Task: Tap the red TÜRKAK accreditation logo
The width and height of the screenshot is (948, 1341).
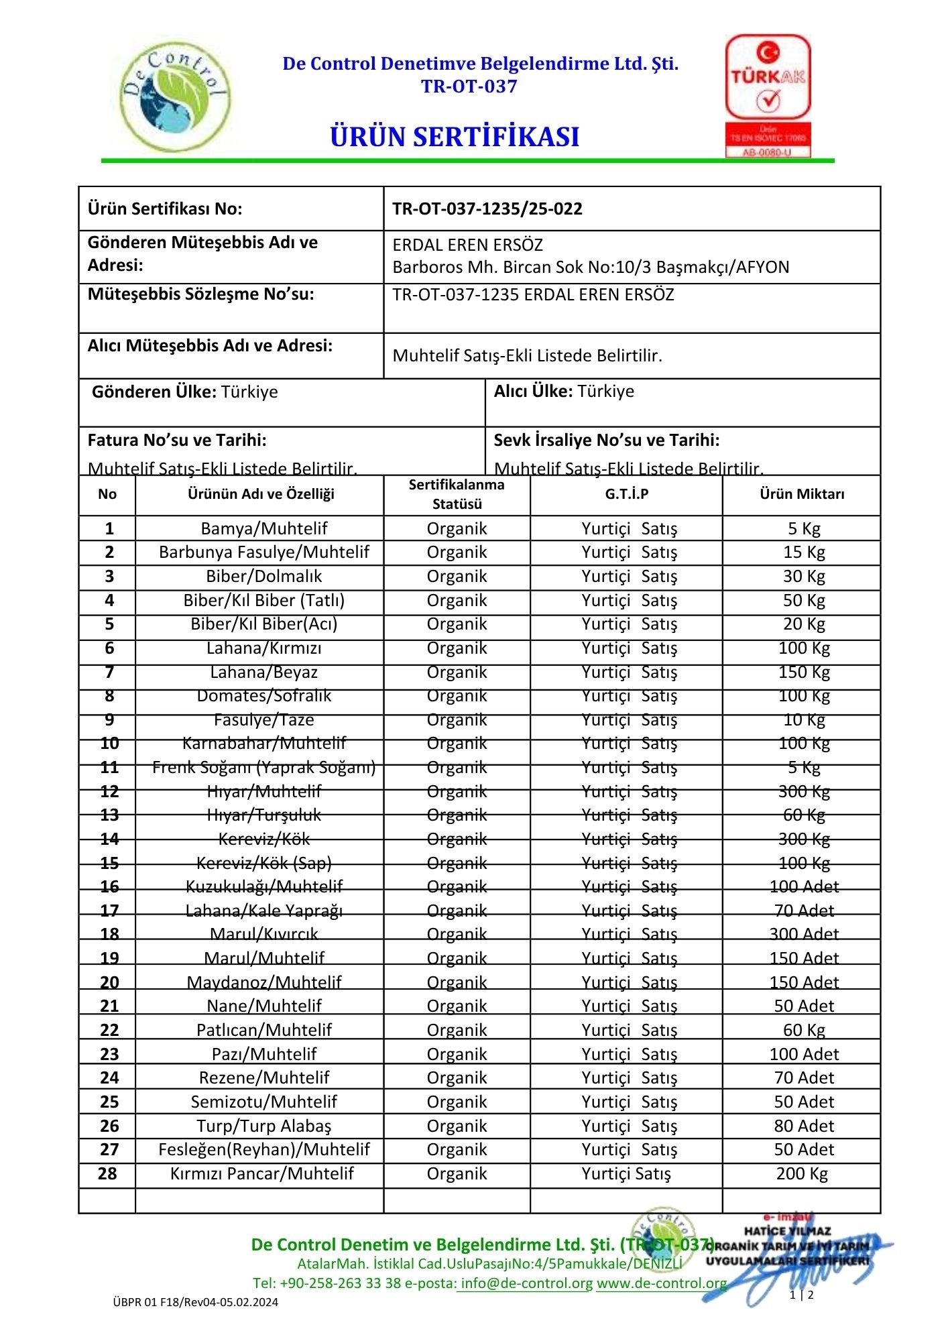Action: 768,95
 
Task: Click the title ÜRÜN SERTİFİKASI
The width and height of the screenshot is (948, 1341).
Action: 455,137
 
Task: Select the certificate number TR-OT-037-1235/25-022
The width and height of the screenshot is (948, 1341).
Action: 487,209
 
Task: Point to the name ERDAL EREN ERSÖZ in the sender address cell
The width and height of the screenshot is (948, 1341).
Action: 467,245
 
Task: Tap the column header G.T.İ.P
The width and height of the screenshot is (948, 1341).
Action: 626,494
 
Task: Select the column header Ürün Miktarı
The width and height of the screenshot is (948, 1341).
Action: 802,494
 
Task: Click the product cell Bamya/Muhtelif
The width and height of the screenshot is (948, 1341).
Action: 263,528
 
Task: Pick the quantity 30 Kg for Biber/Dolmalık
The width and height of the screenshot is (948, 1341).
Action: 804,576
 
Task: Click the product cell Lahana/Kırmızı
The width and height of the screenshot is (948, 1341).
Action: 263,648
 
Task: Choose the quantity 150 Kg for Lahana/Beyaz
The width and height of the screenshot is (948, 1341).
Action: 804,672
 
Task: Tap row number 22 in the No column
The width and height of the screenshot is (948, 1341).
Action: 109,1030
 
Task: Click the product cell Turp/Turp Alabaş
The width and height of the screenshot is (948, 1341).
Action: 263,1126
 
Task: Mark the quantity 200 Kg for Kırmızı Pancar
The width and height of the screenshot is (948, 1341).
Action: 802,1173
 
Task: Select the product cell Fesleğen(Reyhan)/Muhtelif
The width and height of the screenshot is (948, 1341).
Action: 263,1149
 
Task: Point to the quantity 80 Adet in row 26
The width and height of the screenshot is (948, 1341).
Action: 804,1126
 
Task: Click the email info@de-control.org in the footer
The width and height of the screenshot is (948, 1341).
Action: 527,1283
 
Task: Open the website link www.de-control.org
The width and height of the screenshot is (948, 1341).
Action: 662,1283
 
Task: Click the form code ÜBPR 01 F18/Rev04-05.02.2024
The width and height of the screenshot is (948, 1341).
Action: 195,1302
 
